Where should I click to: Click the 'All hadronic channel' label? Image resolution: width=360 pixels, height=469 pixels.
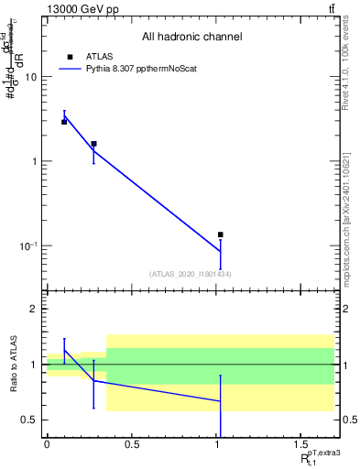(x=191, y=37)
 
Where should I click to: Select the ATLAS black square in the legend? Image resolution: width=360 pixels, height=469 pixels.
(x=71, y=56)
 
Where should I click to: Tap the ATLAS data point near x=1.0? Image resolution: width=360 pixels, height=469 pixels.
(x=220, y=234)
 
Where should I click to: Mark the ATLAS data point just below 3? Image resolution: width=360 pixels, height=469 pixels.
(x=64, y=121)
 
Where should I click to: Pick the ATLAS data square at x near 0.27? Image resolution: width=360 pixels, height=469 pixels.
(x=93, y=144)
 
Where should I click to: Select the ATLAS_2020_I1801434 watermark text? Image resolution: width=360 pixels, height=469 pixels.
(x=191, y=274)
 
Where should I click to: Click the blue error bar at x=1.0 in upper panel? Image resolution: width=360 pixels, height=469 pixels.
(x=220, y=254)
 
